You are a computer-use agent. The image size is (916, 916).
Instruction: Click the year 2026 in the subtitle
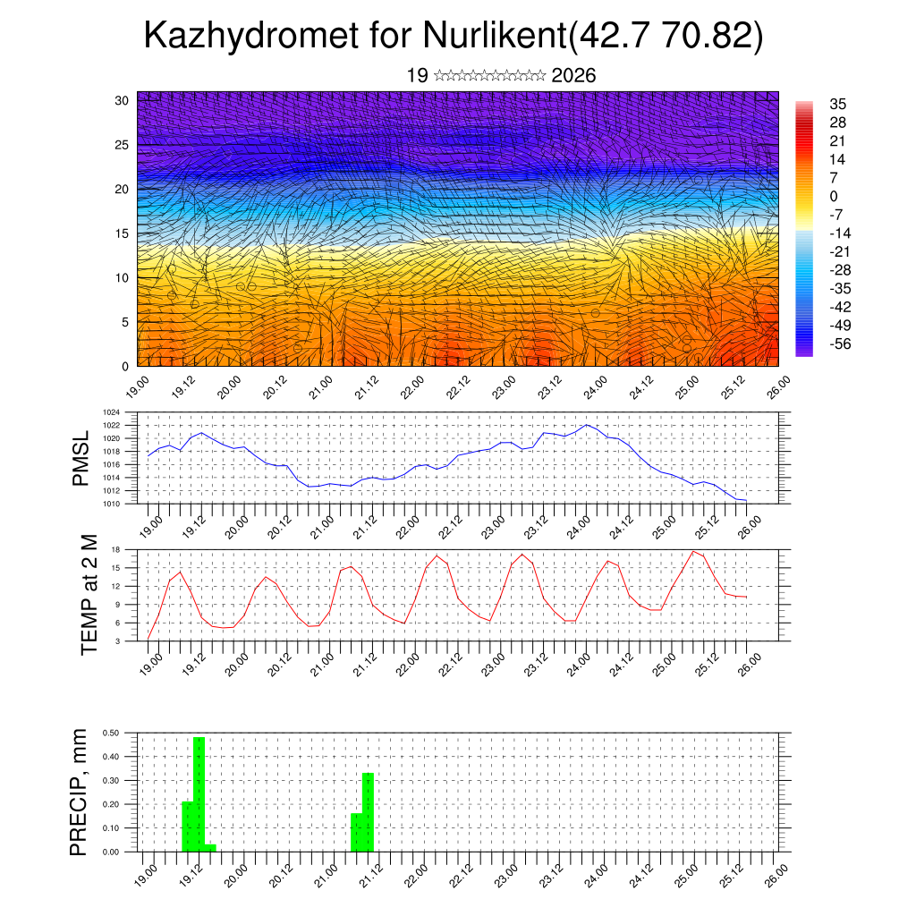(x=574, y=76)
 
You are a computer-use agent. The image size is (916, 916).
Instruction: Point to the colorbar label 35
(x=838, y=104)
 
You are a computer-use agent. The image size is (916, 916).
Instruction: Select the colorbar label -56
(x=842, y=343)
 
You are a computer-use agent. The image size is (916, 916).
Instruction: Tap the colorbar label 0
(x=835, y=196)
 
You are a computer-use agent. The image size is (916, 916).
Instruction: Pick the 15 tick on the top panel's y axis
(x=123, y=233)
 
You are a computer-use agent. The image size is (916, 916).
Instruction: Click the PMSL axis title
(x=81, y=458)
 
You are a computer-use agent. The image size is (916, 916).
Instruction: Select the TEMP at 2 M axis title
(x=89, y=595)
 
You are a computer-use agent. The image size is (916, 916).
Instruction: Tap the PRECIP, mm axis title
(x=80, y=792)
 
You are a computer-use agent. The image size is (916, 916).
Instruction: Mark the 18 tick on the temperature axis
(x=116, y=549)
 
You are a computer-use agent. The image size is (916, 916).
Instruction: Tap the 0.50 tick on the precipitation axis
(x=112, y=733)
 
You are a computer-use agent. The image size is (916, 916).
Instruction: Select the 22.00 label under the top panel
(x=412, y=387)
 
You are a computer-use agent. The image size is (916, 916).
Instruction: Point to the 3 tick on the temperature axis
(x=118, y=641)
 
